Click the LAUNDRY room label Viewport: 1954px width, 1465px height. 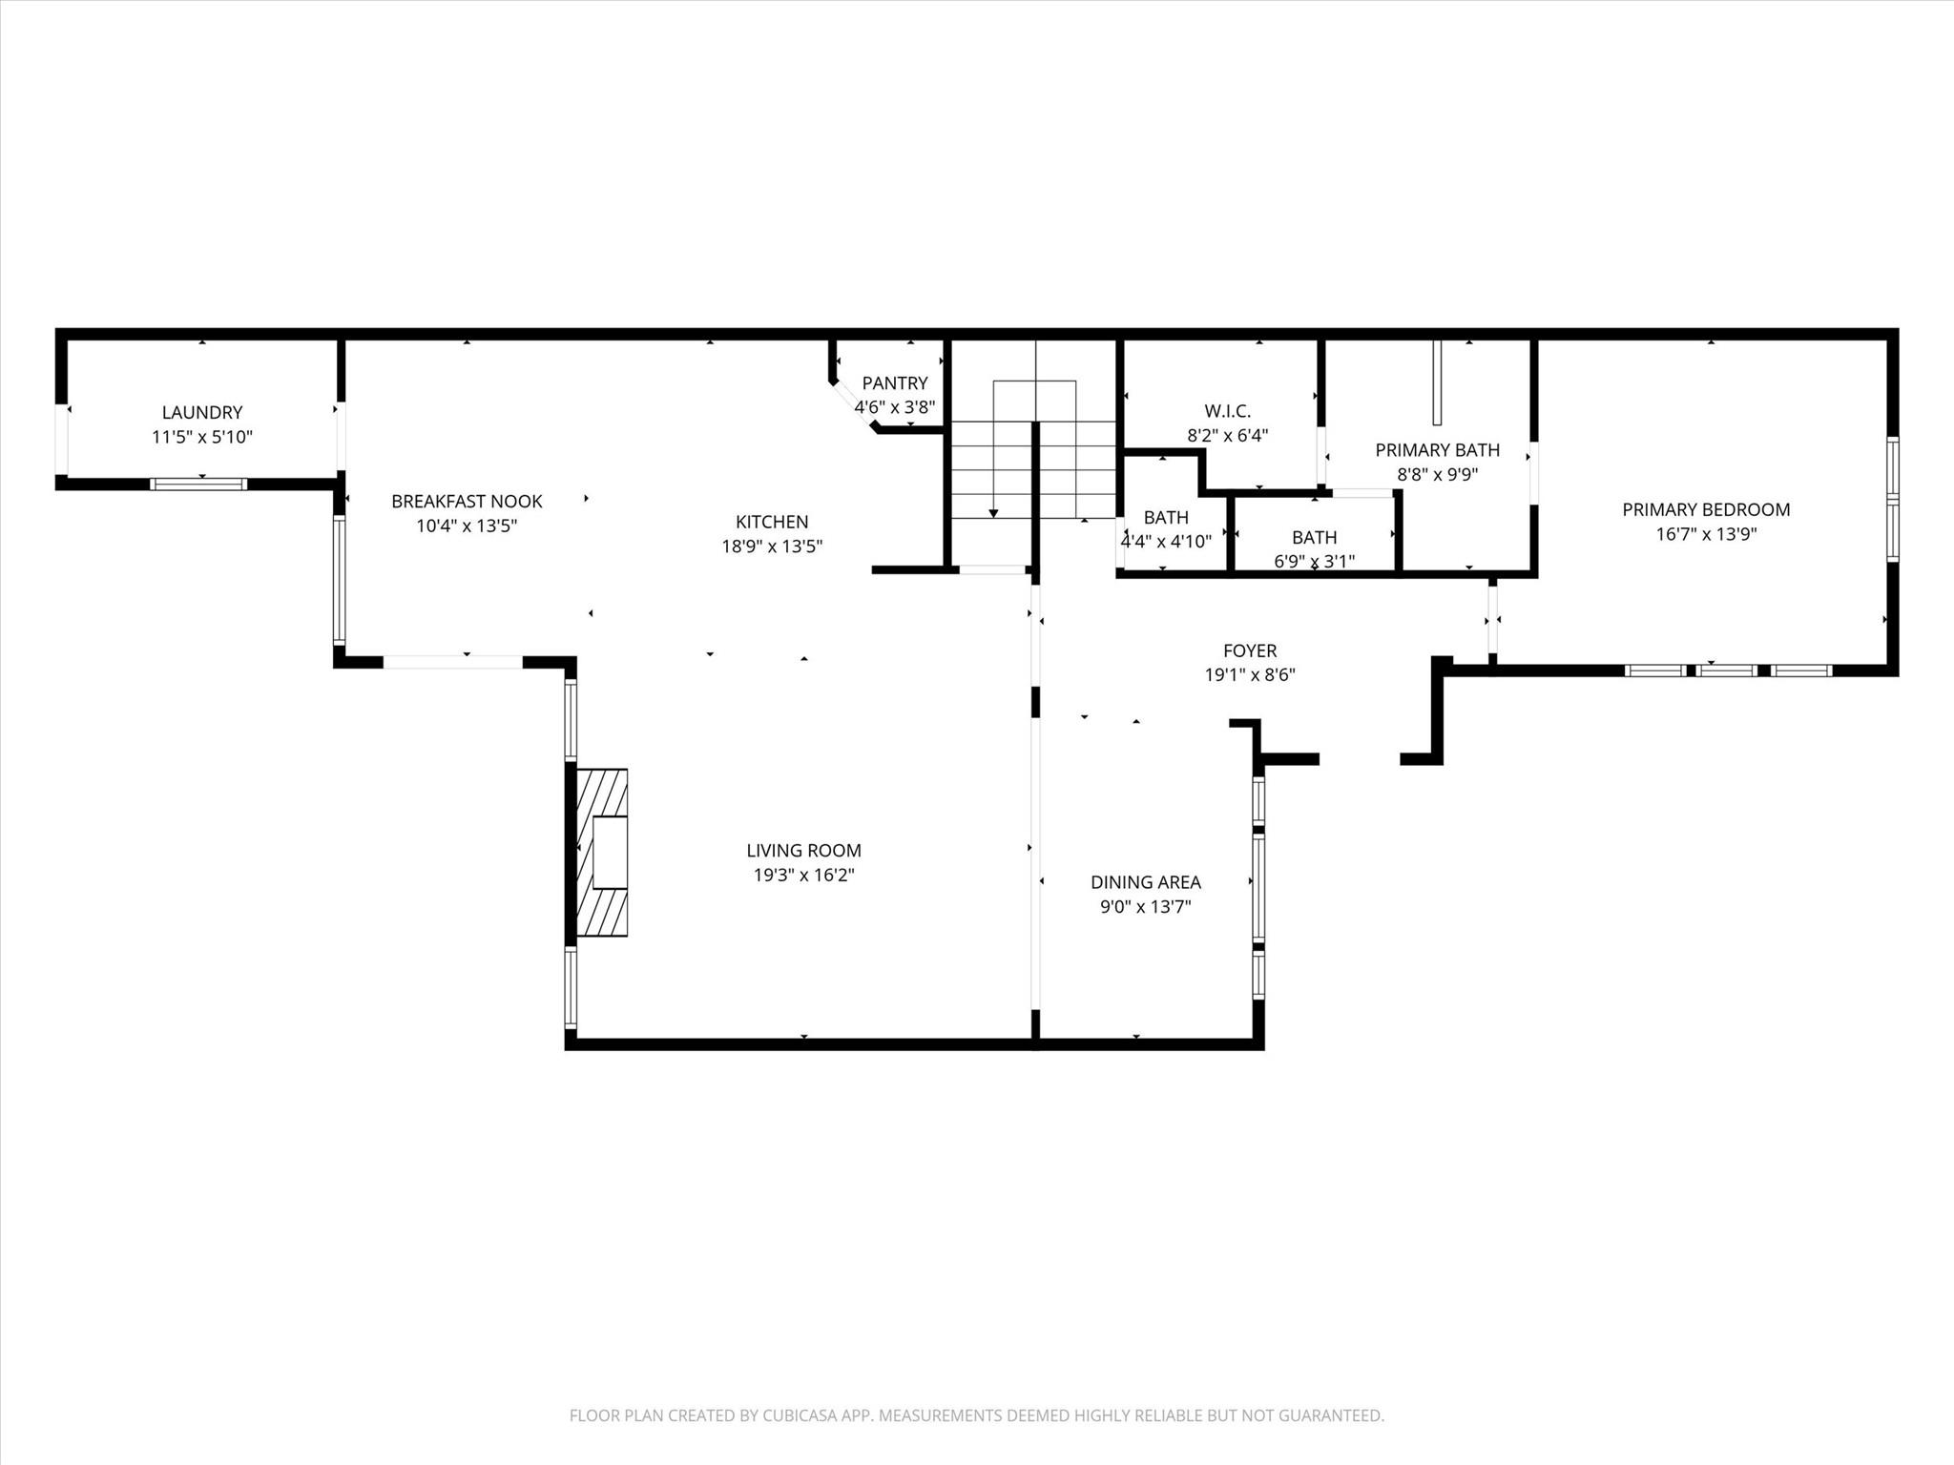point(201,412)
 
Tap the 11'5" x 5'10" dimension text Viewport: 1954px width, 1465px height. point(201,437)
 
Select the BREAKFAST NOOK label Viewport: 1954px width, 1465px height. point(467,501)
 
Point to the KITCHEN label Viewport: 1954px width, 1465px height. point(771,522)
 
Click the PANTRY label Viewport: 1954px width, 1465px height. point(894,382)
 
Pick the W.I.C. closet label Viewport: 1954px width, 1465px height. point(1227,411)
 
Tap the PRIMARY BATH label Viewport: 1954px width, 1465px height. point(1437,449)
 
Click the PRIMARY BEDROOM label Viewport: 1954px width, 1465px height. point(1705,509)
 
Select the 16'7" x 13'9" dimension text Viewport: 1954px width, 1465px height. point(1705,534)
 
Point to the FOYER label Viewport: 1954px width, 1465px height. point(1249,650)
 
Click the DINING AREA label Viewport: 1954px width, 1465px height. point(1145,882)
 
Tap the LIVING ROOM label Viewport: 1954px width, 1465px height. point(803,850)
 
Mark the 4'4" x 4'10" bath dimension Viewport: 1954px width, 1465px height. point(1166,542)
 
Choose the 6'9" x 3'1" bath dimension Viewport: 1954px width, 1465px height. point(1314,561)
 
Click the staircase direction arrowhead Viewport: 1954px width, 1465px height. point(993,513)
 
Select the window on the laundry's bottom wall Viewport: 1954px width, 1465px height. point(198,484)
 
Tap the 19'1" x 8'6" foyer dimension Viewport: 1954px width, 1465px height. point(1249,675)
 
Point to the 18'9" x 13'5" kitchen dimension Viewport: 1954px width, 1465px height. point(771,547)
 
